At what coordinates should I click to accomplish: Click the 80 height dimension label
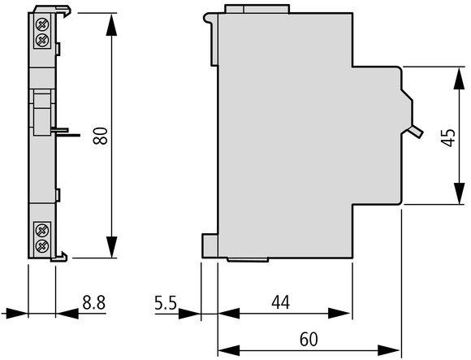tap(101, 136)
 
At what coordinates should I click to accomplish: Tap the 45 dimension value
tap(449, 137)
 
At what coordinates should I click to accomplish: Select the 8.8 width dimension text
tap(94, 302)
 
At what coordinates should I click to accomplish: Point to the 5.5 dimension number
tap(166, 302)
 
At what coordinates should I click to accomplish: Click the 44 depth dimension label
tap(281, 302)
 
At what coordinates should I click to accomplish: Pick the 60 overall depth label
tap(309, 339)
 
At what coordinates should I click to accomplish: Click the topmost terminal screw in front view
tap(42, 24)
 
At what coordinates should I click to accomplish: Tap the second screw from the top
tap(42, 39)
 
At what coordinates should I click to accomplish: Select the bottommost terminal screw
tap(41, 246)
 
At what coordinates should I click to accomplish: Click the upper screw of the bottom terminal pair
tap(41, 231)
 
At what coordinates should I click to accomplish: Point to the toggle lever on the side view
tap(416, 132)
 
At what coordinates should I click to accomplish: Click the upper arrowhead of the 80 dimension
tap(111, 25)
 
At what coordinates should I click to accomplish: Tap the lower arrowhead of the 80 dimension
tap(111, 247)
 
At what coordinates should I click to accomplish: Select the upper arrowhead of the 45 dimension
tap(459, 79)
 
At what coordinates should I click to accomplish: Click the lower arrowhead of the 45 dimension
tap(459, 193)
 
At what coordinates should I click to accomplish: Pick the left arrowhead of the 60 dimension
tap(229, 350)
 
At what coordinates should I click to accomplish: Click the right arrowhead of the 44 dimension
tap(339, 314)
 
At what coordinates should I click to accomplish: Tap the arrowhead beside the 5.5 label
tap(189, 314)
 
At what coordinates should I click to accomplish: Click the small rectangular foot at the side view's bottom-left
tap(210, 245)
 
